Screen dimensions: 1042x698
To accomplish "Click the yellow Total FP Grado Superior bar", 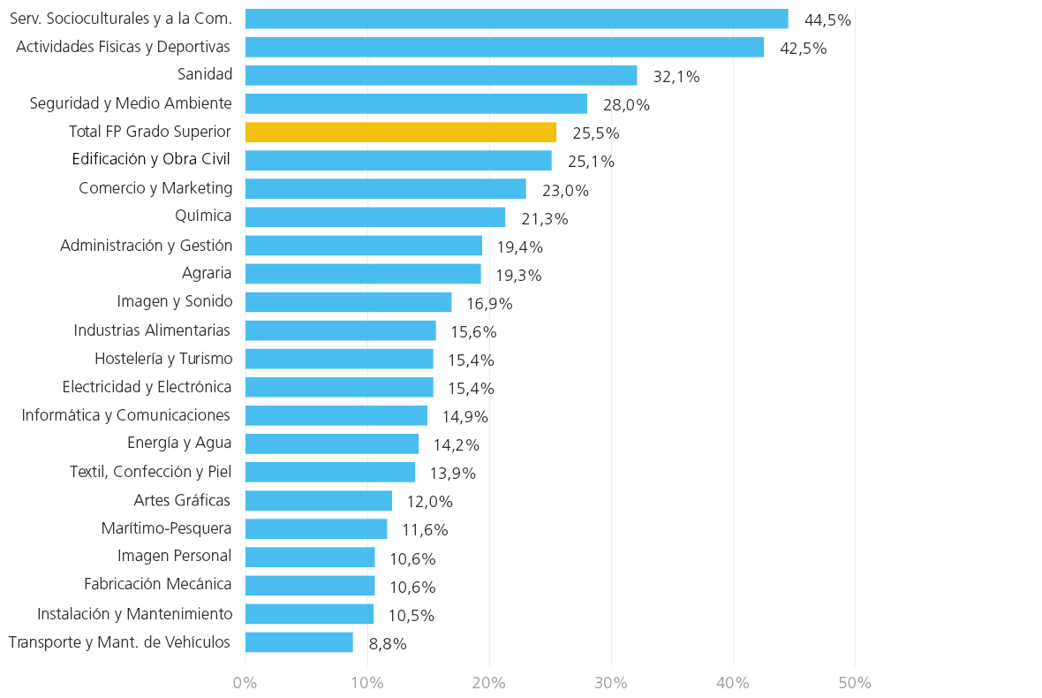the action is click(401, 133).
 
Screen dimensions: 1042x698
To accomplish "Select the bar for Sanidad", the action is click(442, 75).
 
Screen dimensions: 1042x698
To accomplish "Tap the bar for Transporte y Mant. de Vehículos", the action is click(299, 642).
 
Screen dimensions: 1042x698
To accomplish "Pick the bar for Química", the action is click(374, 216).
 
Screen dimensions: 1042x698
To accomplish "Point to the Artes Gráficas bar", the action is click(318, 501).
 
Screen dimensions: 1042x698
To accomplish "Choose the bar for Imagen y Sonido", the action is click(348, 302).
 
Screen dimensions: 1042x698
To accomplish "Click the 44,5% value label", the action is click(827, 20).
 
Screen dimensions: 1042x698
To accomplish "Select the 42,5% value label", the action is click(804, 49).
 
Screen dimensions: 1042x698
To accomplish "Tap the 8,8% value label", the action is click(388, 644).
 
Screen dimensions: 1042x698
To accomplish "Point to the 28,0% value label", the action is click(627, 105).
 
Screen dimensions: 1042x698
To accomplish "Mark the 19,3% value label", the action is click(519, 276).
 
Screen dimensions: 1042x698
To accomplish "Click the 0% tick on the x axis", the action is click(245, 683).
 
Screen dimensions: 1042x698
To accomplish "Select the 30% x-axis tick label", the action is click(611, 683).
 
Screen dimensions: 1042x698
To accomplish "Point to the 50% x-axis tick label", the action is click(856, 683).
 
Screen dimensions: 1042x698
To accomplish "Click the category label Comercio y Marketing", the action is click(155, 189).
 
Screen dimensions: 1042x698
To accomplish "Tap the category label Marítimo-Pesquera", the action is click(166, 528).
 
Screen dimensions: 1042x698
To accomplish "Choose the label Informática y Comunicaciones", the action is click(125, 415).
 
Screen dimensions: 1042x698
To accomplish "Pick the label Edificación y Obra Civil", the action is click(151, 160).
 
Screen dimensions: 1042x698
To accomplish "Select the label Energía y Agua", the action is click(179, 444).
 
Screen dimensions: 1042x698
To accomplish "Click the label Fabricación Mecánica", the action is click(157, 584).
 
